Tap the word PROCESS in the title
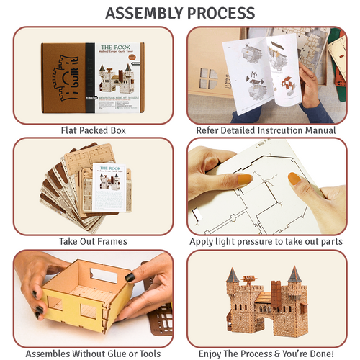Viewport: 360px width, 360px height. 220,13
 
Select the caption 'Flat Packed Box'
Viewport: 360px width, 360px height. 93,130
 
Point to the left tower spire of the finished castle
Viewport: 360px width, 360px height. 233,274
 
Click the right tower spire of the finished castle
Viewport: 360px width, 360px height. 294,274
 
